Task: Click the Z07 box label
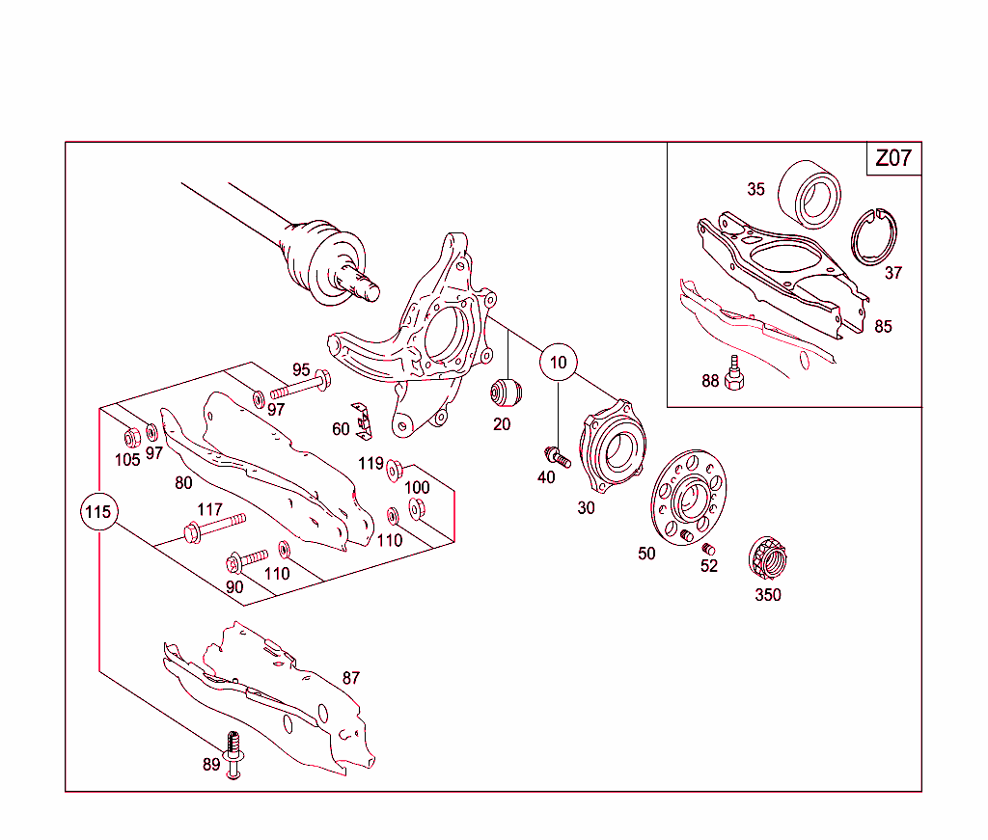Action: (x=892, y=158)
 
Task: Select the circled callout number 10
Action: (x=558, y=363)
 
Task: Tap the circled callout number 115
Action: (x=98, y=512)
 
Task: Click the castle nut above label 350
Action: (x=767, y=558)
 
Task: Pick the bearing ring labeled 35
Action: (x=810, y=193)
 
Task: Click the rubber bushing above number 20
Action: (x=506, y=392)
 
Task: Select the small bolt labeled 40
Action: (x=557, y=456)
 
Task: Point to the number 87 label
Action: (x=351, y=678)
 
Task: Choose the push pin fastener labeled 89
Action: (x=233, y=752)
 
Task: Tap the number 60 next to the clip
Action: (x=341, y=429)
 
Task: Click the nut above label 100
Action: (x=418, y=508)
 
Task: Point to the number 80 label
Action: (x=183, y=483)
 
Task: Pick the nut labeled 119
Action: (x=394, y=471)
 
